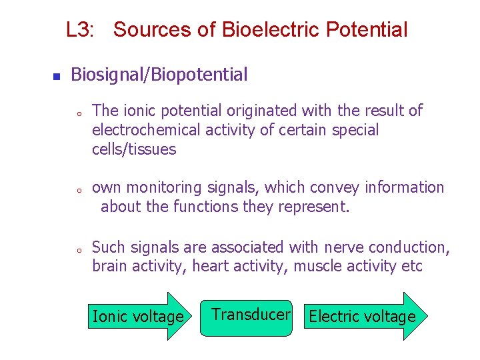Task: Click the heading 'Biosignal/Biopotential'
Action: click(159, 75)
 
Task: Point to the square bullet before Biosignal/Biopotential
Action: click(56, 76)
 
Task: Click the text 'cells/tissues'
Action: click(133, 149)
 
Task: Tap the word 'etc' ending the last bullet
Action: click(412, 267)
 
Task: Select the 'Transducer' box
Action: click(247, 317)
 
